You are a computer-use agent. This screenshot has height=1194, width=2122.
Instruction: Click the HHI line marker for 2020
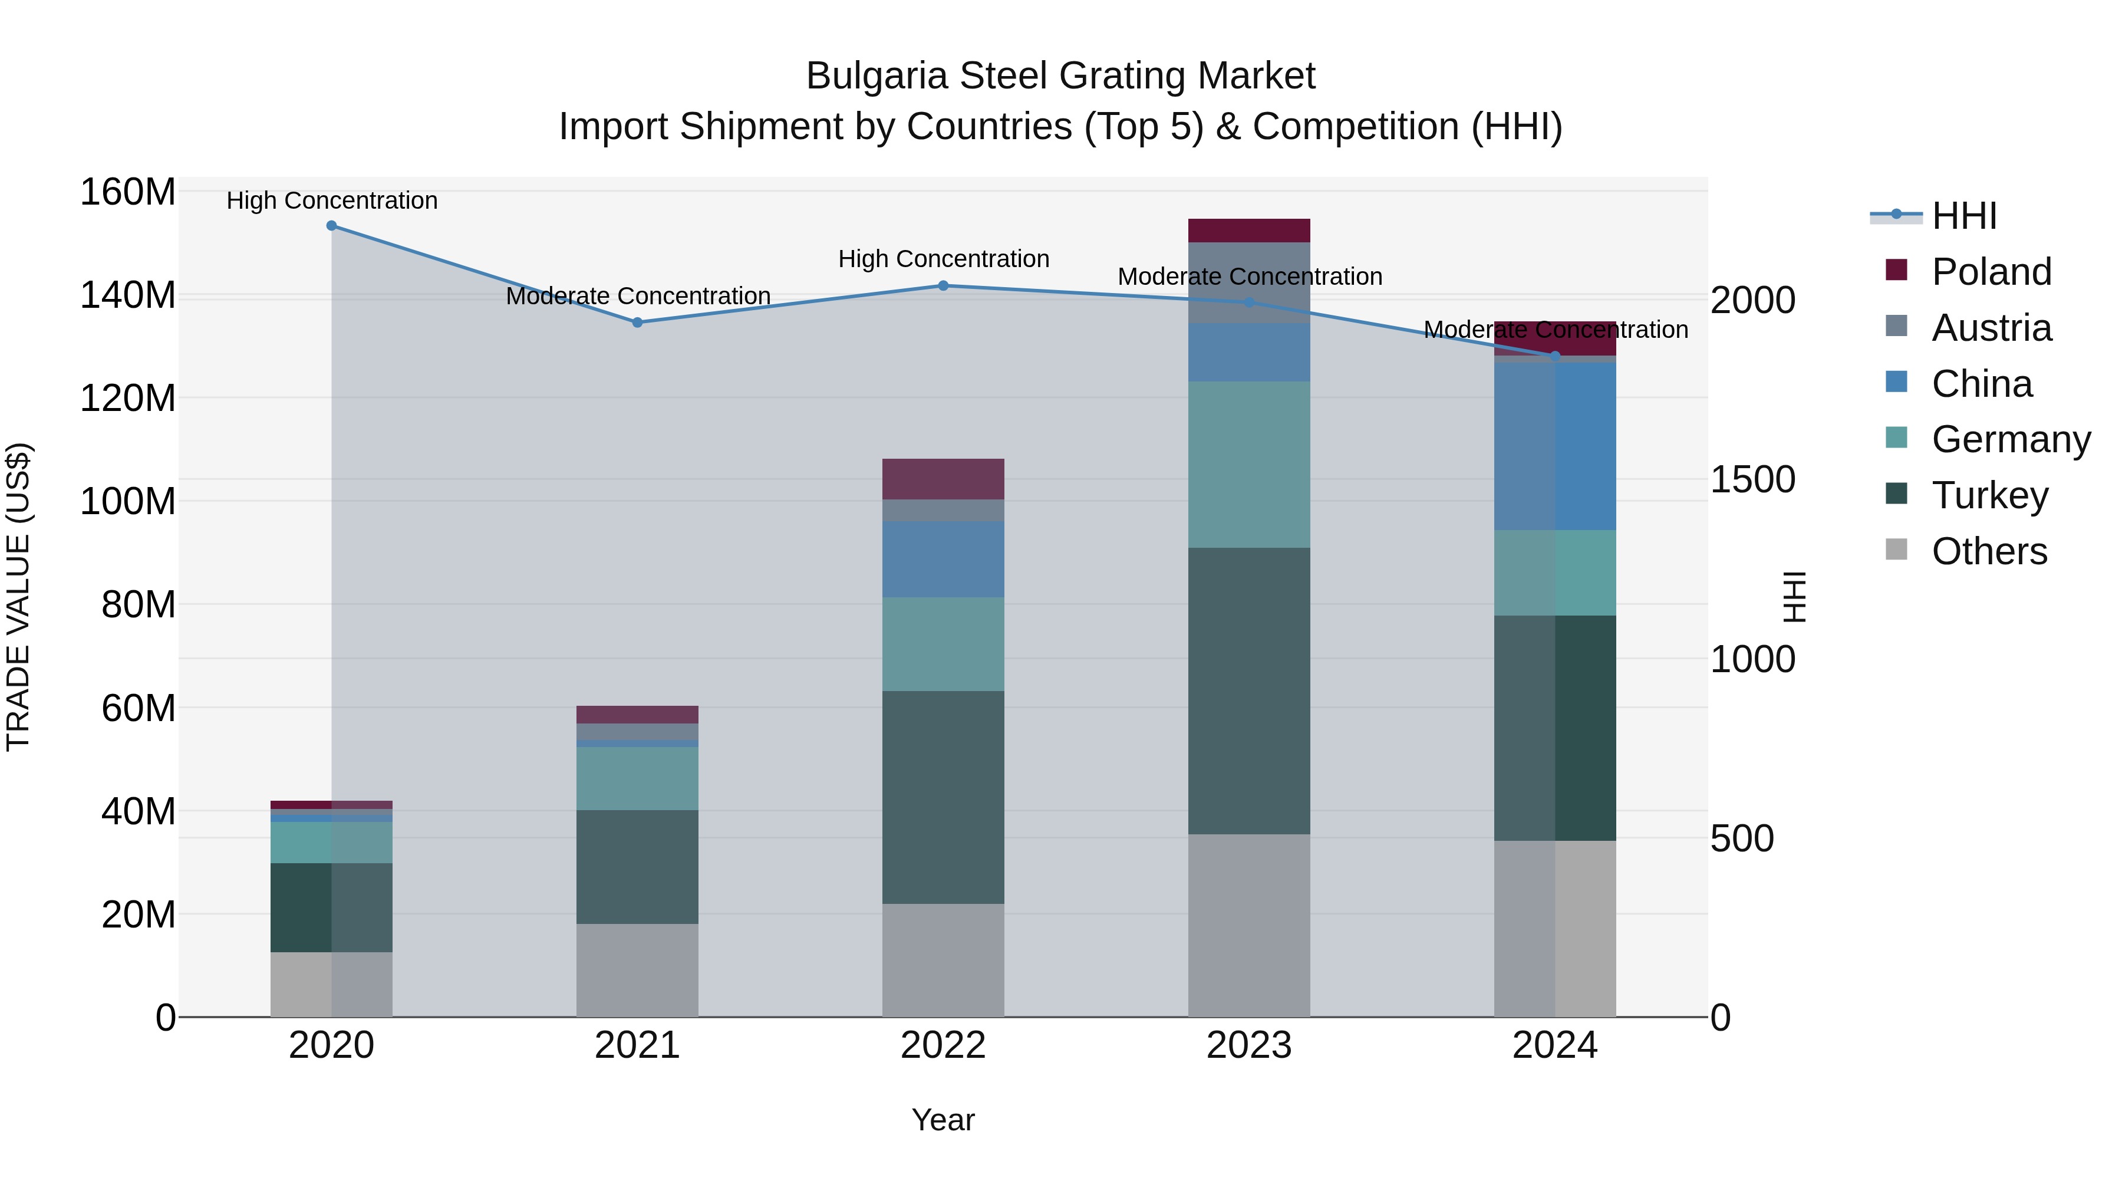click(331, 226)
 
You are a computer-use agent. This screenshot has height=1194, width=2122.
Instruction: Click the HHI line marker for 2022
click(943, 286)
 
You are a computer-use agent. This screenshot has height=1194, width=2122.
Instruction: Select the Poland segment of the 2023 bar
click(1249, 231)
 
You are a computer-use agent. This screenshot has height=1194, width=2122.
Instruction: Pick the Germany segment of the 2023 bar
click(1249, 464)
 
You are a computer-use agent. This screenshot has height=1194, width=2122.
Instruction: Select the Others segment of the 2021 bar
click(638, 970)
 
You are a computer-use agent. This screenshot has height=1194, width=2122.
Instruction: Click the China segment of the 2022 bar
click(943, 559)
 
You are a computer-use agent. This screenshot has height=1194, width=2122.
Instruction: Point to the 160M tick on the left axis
click(128, 192)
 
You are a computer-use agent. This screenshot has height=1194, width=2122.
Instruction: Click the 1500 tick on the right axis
click(1753, 479)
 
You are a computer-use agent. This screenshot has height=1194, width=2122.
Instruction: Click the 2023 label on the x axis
click(1249, 1045)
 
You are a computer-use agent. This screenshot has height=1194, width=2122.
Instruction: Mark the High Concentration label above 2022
click(943, 259)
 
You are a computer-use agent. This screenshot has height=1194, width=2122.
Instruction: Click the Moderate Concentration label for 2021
click(638, 296)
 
